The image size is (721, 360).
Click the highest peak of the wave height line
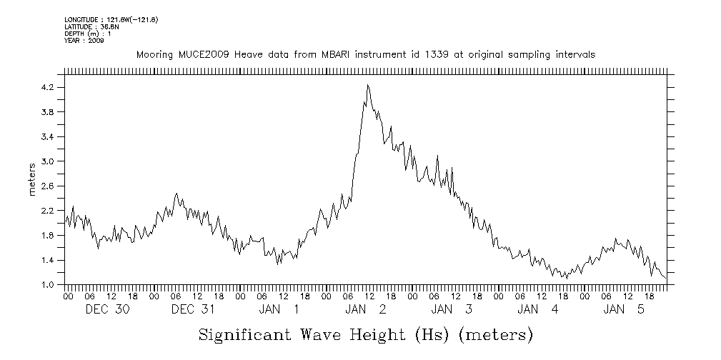(367, 85)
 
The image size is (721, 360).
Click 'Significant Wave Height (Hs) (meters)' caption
(365, 335)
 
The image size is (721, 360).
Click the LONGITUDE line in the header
(111, 19)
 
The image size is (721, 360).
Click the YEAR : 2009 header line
(84, 41)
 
